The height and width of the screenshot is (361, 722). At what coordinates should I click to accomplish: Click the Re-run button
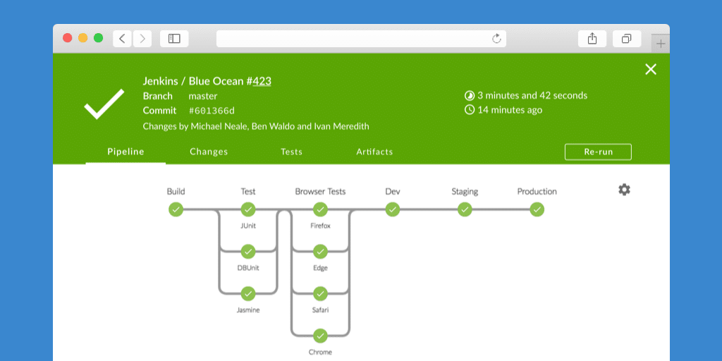pos(598,152)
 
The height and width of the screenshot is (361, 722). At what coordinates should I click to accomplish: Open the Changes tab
pos(209,152)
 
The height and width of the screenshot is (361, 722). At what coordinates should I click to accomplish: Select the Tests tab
pos(291,152)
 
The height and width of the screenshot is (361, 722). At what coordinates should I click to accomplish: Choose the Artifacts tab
pos(374,152)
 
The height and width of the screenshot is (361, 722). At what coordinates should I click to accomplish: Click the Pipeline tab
pos(126,152)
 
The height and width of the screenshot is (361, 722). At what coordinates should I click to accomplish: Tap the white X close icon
pos(651,69)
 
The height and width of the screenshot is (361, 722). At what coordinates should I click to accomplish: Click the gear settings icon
pos(624,190)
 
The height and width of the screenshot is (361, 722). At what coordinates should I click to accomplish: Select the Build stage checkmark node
pos(176,209)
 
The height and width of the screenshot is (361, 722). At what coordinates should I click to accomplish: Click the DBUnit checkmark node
pos(247,251)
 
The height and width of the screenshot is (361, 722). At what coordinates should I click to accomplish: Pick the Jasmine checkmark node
pos(247,293)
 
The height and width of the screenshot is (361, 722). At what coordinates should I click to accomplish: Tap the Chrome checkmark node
pos(320,336)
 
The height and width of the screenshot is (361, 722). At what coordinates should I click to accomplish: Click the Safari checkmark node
pos(320,293)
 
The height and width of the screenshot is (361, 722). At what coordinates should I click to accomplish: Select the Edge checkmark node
pos(320,251)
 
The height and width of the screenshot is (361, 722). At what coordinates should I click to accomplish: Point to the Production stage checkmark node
pos(537,209)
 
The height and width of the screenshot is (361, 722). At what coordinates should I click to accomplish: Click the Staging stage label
pos(465,192)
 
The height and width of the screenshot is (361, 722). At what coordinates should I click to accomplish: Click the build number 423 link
pos(262,81)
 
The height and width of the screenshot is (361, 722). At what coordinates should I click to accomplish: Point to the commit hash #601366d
pos(212,111)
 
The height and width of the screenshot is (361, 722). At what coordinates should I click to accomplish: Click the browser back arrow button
pos(122,39)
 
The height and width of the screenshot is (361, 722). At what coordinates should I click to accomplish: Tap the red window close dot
pos(68,38)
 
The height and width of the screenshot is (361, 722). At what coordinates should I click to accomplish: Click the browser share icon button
pos(592,39)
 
